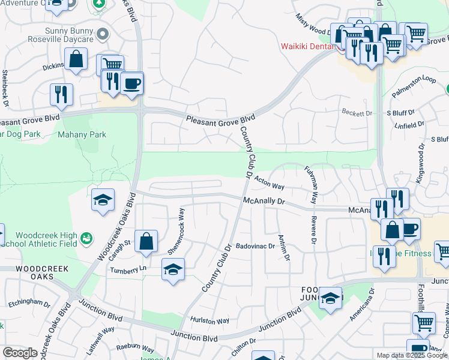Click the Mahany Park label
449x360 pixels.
82,134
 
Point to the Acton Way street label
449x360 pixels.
270,182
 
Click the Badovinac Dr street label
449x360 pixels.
255,246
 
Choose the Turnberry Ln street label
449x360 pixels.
128,269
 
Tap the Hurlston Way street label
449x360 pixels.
209,321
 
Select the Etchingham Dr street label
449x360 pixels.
29,304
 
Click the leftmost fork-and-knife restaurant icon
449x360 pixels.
61,93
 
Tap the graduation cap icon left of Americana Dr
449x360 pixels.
330,298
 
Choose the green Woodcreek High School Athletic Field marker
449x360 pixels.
87,239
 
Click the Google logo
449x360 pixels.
20,353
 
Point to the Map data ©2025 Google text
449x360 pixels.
411,355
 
